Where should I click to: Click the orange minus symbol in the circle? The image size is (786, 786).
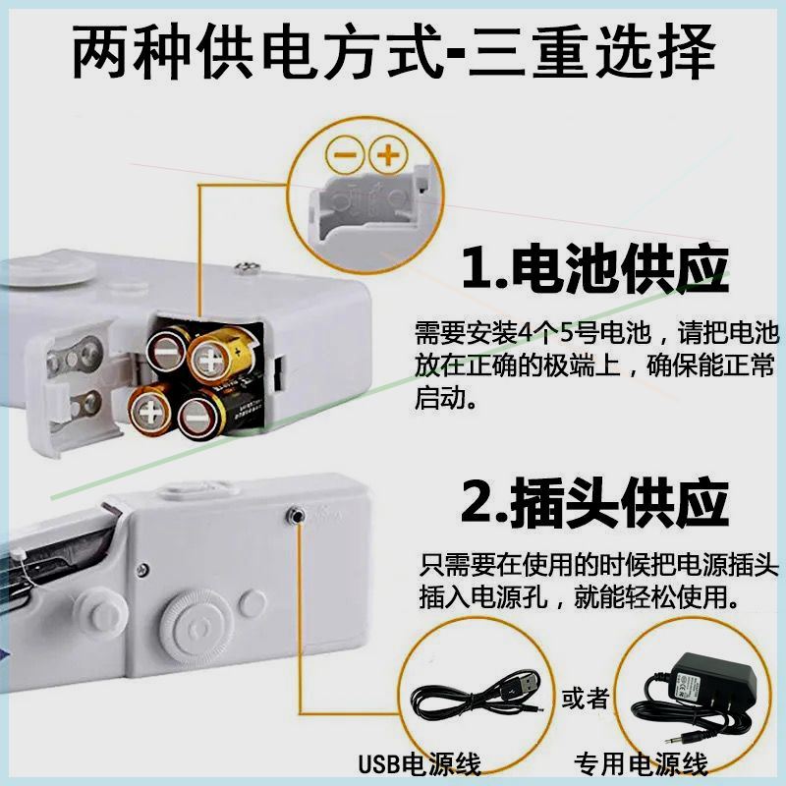click(x=346, y=154)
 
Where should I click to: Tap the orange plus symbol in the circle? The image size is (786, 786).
click(x=390, y=154)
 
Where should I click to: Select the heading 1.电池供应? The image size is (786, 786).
click(x=594, y=266)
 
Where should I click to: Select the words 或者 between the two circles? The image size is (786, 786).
click(x=586, y=699)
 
